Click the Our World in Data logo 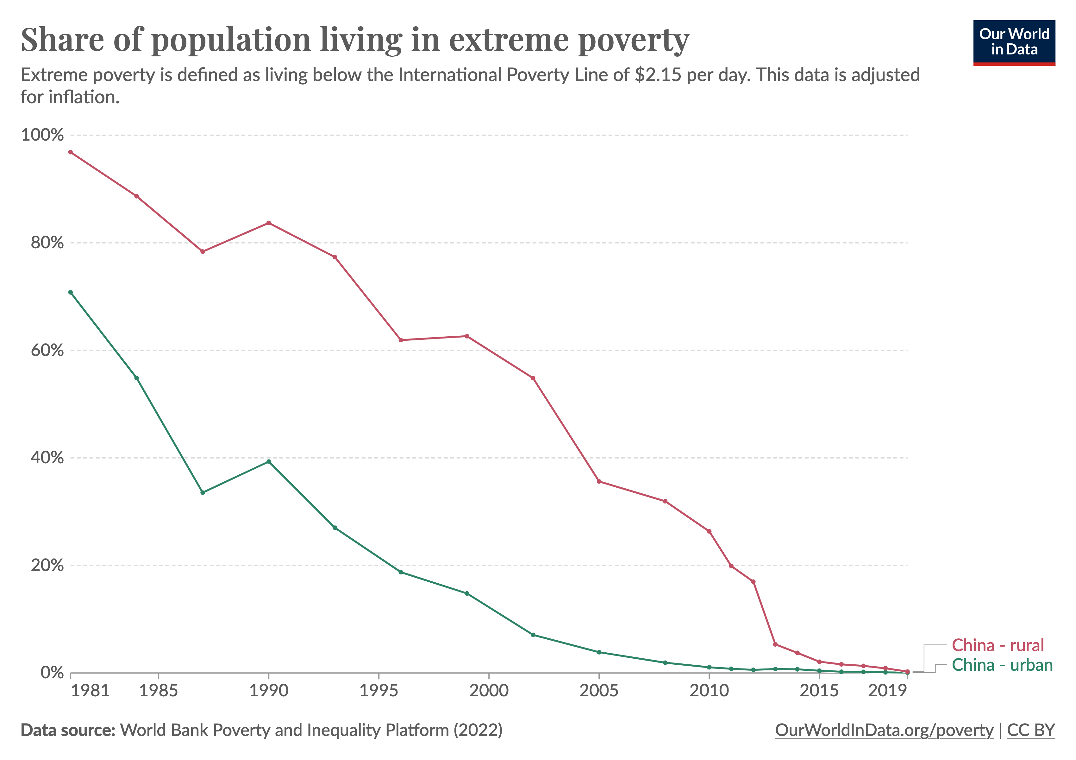[x=1014, y=42]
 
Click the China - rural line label [x=997, y=645]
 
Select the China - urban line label [x=1002, y=665]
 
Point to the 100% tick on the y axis [x=42, y=135]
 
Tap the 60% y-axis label [x=47, y=350]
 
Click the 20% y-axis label [x=47, y=565]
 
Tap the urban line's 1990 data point [x=269, y=462]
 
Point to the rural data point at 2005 [x=599, y=482]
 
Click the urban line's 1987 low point [x=203, y=493]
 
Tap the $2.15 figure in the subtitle [x=658, y=75]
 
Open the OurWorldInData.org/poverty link [x=884, y=730]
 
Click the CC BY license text [x=1030, y=730]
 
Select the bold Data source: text [x=68, y=730]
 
